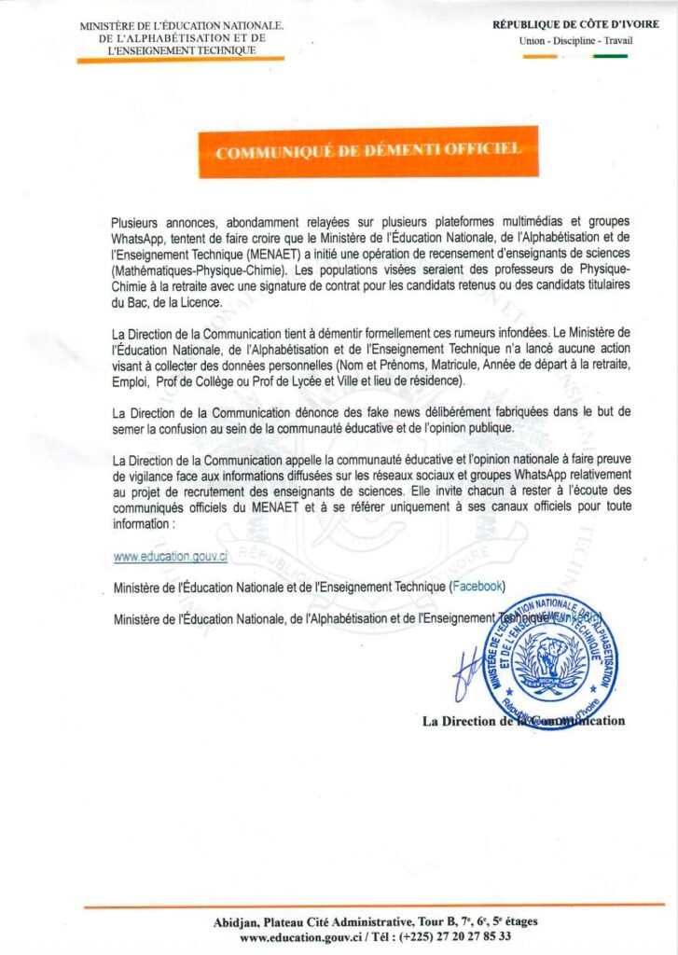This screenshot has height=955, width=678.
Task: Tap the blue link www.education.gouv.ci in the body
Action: point(171,556)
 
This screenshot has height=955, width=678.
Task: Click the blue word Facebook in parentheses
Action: point(477,586)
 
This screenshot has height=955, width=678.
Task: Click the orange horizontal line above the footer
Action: point(374,905)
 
